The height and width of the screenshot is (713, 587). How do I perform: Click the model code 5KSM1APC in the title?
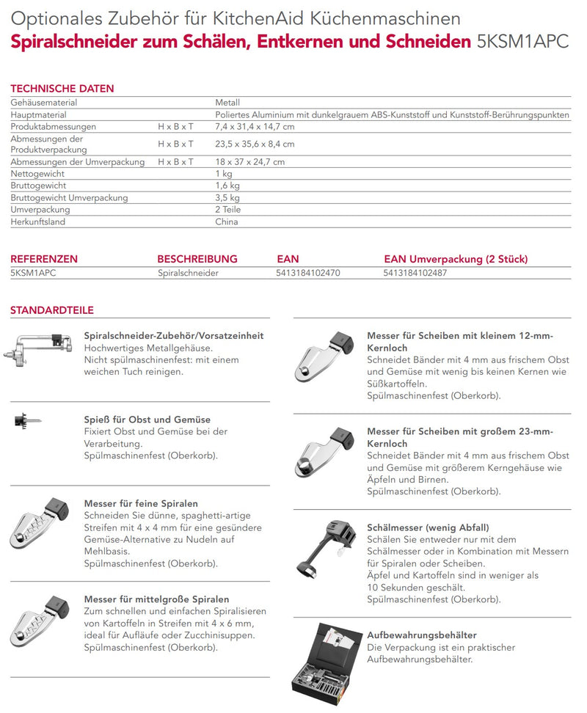pos(522,41)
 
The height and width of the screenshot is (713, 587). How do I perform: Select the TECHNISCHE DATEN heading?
pos(62,89)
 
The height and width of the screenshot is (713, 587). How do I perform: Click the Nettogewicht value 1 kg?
pos(223,174)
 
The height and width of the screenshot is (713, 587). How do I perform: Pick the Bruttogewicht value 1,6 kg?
pos(227,186)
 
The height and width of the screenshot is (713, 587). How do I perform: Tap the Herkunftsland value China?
pos(227,221)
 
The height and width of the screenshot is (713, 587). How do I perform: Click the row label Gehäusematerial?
pos(44,103)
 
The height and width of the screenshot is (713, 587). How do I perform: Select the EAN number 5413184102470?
pos(308,273)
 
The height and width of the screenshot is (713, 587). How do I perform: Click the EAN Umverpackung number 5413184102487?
pos(415,273)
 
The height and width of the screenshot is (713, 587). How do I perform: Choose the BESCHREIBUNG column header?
pos(197,259)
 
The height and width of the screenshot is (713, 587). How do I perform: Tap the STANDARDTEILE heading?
pos(51,310)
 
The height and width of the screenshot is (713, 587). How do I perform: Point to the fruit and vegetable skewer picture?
pos(28,421)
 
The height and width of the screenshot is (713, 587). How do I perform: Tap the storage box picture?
pos(326,660)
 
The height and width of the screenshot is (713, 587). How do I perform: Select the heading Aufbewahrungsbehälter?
pos(422,635)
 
